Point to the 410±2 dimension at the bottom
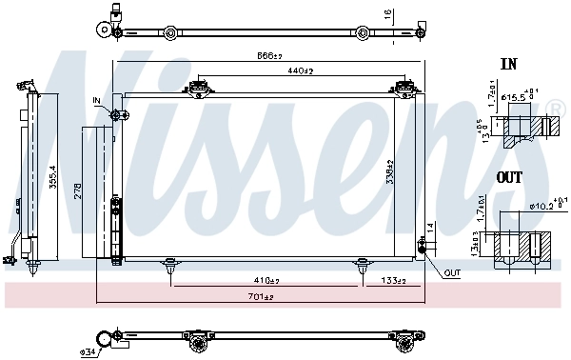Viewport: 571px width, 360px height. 266,281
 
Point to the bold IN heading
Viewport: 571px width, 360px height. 508,66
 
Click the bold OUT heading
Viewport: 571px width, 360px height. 510,178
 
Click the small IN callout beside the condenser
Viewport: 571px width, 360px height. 96,99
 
